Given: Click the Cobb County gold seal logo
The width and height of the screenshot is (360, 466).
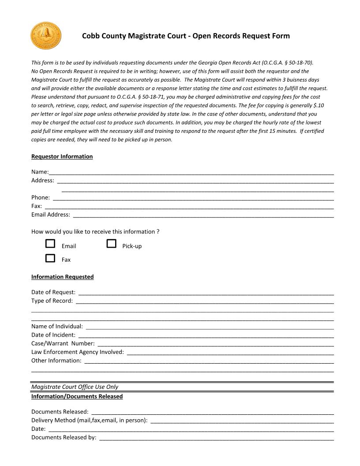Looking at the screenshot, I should click(46, 36).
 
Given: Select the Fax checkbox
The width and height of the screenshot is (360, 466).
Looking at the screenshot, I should click(50, 258).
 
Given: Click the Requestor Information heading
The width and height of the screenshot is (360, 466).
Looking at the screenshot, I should click(62, 157).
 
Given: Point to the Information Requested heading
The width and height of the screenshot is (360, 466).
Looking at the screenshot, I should click(62, 277).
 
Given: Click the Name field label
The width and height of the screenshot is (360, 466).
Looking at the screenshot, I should click(40, 172).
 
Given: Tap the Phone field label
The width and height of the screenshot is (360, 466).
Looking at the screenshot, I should click(40, 198).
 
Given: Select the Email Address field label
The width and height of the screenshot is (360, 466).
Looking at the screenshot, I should click(50, 215).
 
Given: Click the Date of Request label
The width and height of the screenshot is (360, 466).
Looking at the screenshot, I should click(53, 293).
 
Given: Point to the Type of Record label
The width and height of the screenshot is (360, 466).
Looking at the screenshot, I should click(52, 301).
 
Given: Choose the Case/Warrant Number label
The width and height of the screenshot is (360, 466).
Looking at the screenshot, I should click(63, 343).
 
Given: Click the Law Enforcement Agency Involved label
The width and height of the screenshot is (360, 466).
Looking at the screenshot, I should click(77, 352).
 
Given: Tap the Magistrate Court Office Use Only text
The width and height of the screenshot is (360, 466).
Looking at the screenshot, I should click(75, 387).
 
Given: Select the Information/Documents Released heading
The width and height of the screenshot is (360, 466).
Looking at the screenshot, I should click(77, 397).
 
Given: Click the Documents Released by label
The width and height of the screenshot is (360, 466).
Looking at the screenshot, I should click(64, 438).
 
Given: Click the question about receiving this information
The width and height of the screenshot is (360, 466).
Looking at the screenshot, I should click(95, 232).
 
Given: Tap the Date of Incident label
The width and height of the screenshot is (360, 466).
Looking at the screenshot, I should click(53, 335).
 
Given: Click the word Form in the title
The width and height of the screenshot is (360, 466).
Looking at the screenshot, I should click(281, 36).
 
